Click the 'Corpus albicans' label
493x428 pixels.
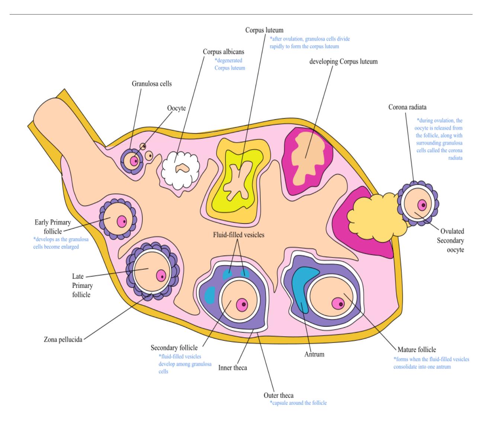(223, 52)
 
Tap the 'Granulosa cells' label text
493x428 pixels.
(151, 84)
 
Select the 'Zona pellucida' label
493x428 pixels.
(63, 340)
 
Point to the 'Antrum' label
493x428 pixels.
(314, 354)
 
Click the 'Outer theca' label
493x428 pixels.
(279, 395)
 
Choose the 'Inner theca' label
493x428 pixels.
(233, 367)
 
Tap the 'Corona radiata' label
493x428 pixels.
(407, 107)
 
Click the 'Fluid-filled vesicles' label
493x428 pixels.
(239, 234)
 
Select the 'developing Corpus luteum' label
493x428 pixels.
(343, 62)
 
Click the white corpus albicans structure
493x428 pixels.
(180, 170)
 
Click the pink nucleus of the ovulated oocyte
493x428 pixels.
(422, 205)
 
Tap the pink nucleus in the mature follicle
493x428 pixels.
(338, 304)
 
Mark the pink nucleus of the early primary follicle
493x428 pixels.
(122, 221)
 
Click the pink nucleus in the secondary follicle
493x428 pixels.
(242, 305)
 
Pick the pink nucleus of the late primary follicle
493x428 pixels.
(161, 276)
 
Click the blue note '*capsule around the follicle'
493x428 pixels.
(298, 403)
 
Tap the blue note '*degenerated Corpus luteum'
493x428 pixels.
(230, 64)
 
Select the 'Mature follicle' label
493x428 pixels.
(417, 349)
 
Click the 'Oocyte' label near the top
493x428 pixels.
(176, 108)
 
